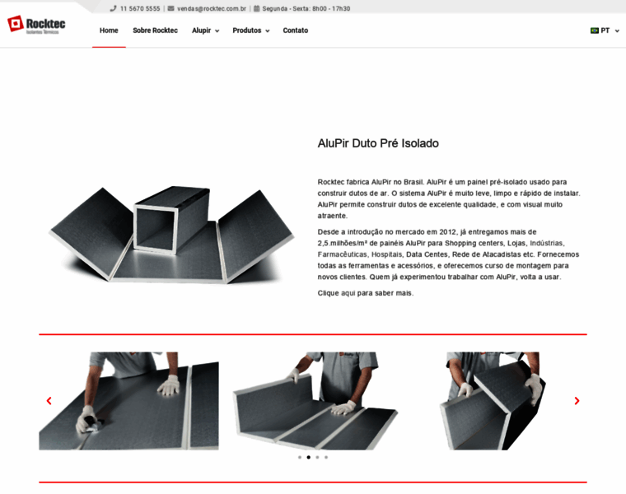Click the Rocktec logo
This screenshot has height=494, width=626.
(36, 25)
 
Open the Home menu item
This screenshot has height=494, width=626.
(109, 30)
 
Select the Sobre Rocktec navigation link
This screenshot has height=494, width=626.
(156, 30)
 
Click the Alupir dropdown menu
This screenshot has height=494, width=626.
(206, 30)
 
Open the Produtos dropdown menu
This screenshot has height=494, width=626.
(251, 30)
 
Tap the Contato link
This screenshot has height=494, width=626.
(296, 30)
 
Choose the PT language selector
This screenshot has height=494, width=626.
(605, 30)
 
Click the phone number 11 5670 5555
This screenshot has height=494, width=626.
(140, 8)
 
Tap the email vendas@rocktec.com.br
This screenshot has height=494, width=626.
(212, 8)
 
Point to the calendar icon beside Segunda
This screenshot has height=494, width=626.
(257, 8)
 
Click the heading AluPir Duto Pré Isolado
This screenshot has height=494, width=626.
(378, 143)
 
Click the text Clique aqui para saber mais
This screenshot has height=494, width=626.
(365, 293)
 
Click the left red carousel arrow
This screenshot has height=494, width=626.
(49, 401)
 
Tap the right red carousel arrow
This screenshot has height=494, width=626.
(577, 401)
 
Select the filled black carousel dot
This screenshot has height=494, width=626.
(309, 457)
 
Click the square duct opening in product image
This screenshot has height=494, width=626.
(156, 229)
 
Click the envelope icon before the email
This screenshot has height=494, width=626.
(171, 8)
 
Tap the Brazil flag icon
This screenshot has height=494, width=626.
(595, 30)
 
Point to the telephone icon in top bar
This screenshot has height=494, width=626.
(113, 8)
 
